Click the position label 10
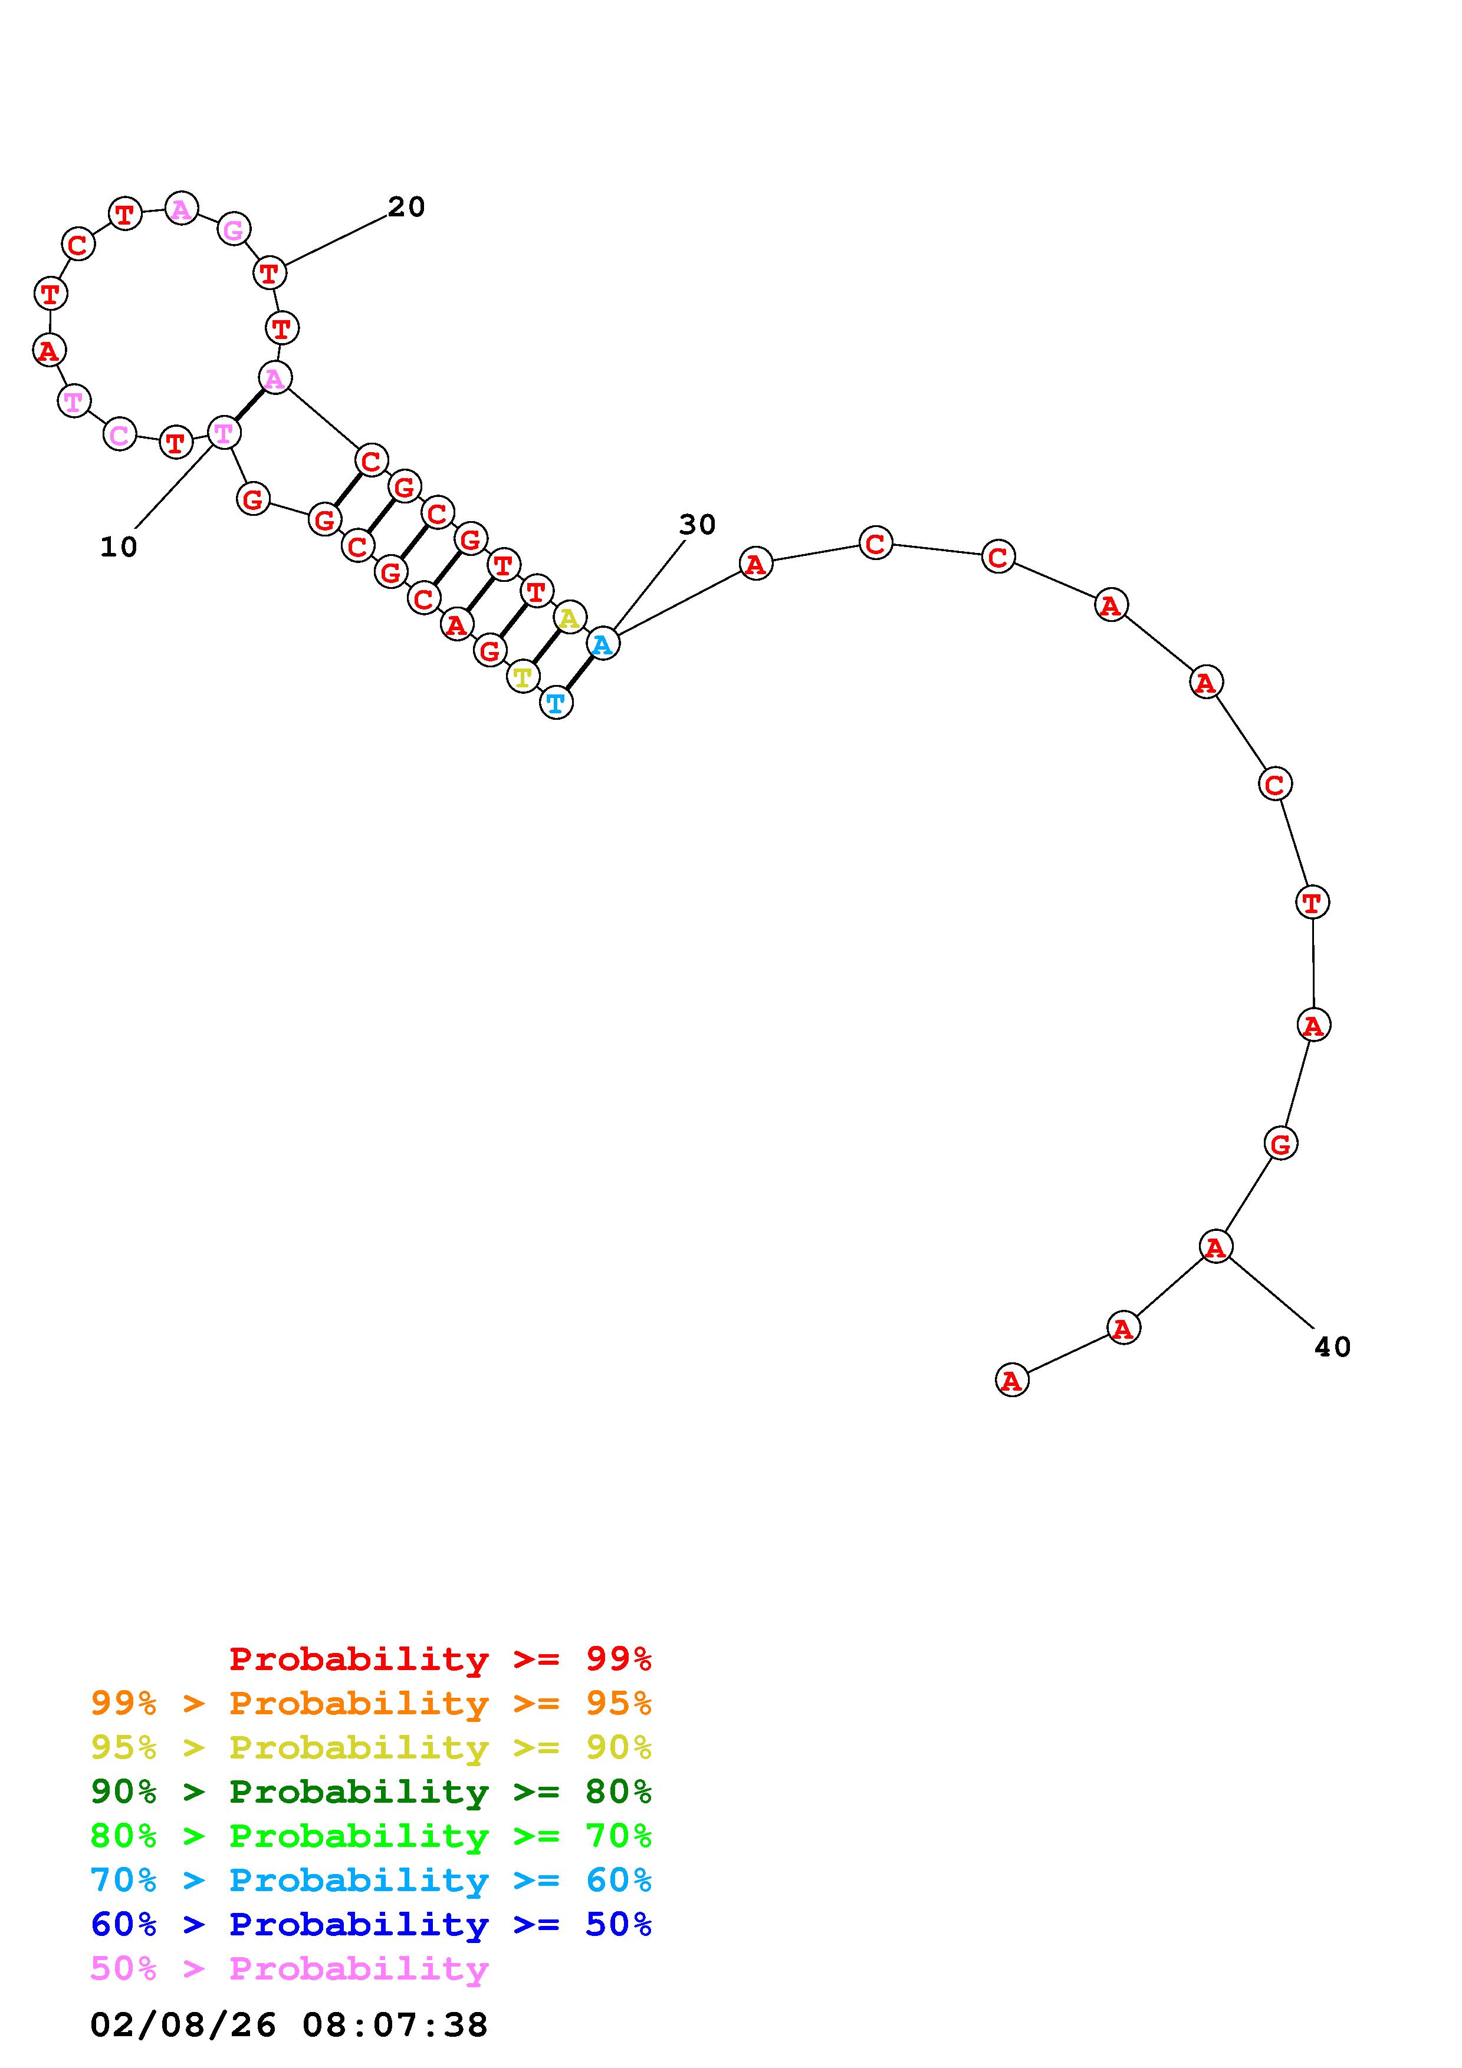pos(118,546)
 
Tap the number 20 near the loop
pos(406,207)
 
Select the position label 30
pos(697,524)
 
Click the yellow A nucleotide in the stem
pos(569,618)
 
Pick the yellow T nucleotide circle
pos(523,676)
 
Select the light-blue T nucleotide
pos(557,703)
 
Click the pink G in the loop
pos(234,230)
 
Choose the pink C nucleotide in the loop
pos(120,436)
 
